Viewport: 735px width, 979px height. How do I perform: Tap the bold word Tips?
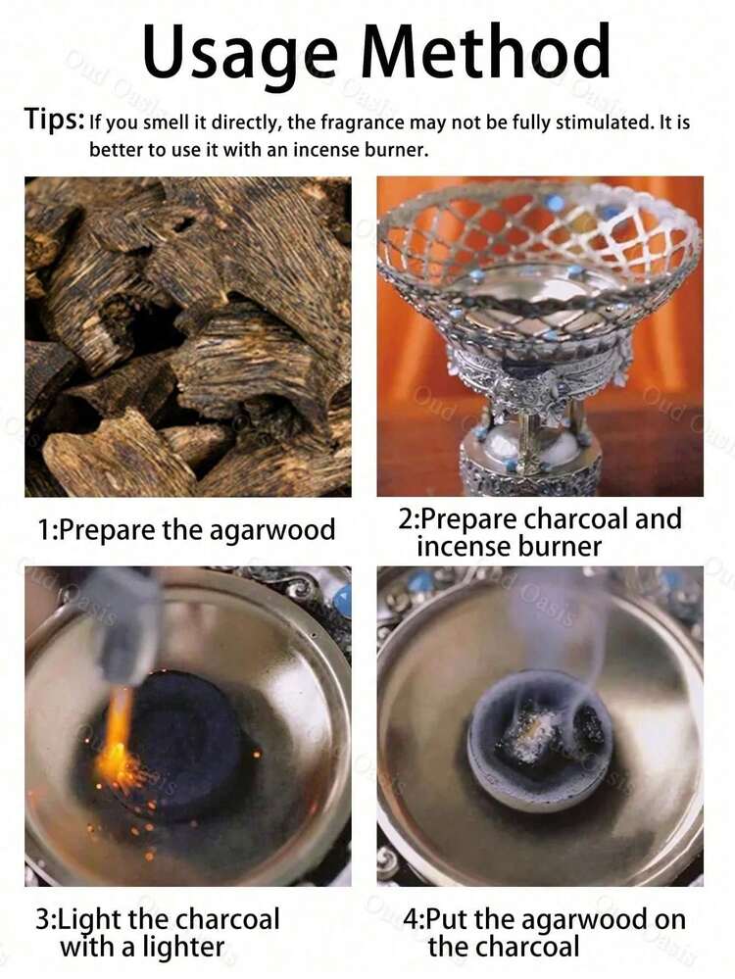[54, 120]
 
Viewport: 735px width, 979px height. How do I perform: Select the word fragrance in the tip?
[363, 122]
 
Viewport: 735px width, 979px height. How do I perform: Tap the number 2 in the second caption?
[407, 519]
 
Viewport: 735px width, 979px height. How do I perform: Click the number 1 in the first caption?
[44, 530]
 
